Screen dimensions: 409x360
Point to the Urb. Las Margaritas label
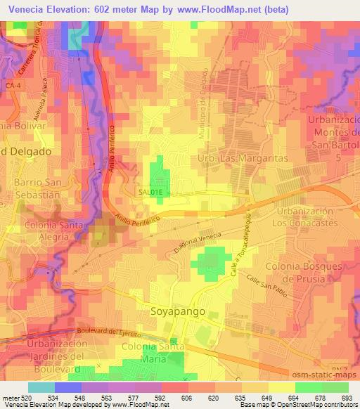pos(244,160)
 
